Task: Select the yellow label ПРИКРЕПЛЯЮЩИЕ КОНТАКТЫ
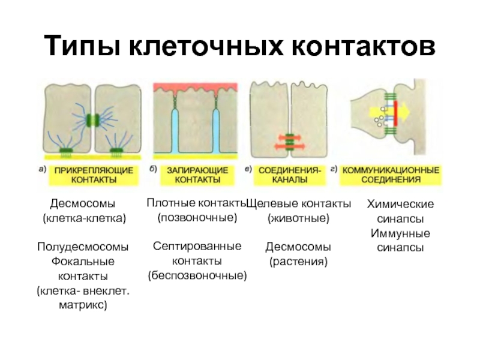(x=94, y=175)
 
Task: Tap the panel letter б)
(x=153, y=169)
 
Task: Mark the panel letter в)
(x=248, y=169)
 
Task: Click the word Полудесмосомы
(x=83, y=247)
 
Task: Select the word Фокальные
(x=83, y=262)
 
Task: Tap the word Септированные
(x=197, y=246)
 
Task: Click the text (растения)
(x=298, y=261)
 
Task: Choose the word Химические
(x=400, y=205)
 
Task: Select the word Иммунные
(x=400, y=233)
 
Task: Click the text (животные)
(x=298, y=218)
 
